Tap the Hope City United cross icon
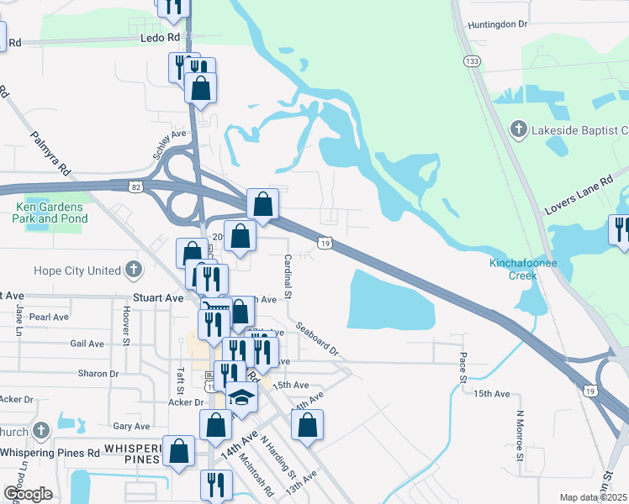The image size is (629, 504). [132, 270]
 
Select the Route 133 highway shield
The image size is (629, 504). [473, 61]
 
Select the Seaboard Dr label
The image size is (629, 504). [315, 337]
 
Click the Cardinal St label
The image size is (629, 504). [287, 276]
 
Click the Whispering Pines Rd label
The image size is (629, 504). [50, 453]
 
